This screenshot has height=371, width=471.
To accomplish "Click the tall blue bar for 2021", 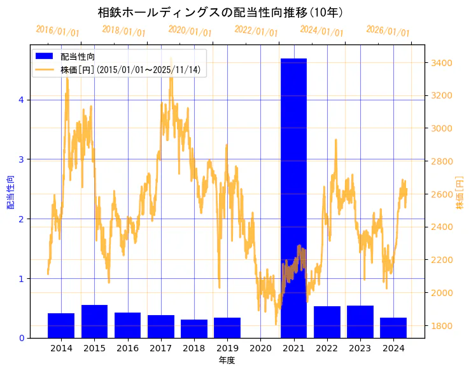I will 293,198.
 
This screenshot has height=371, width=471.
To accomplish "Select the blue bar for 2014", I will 61,325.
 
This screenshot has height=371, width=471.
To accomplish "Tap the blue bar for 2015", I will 94,321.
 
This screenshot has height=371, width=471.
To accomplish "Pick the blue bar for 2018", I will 194,328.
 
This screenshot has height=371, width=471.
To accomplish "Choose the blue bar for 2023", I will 360,321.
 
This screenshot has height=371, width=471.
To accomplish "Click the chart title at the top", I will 221,13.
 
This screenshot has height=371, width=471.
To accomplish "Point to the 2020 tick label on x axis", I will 260,348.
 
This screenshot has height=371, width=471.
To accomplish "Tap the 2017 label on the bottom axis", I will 161,348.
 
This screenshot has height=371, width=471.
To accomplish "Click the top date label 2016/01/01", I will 58,31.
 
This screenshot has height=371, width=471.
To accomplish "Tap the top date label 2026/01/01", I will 388,31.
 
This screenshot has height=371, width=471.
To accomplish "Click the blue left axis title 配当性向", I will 10,192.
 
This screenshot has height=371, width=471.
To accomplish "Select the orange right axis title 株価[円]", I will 460,193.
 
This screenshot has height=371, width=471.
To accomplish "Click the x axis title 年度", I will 227,360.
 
